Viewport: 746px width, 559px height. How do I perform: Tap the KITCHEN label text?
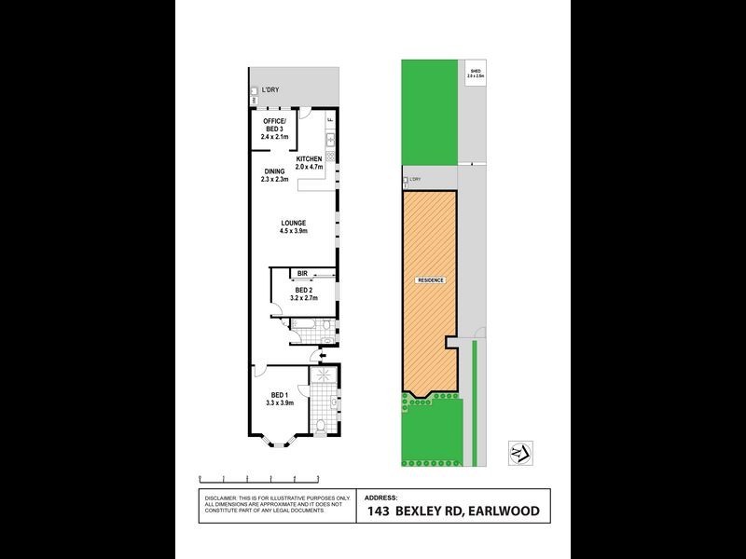pos(309,159)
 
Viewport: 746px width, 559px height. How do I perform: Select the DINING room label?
pos(274,171)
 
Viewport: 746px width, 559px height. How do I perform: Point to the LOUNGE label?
pos(294,223)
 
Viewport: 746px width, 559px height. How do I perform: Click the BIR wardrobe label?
pos(302,273)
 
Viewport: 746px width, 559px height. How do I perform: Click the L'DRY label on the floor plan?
pos(270,89)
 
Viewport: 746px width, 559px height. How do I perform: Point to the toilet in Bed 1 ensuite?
pos(320,426)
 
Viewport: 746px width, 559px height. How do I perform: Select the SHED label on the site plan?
pos(475,69)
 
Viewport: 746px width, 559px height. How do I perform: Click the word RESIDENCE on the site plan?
pos(430,280)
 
